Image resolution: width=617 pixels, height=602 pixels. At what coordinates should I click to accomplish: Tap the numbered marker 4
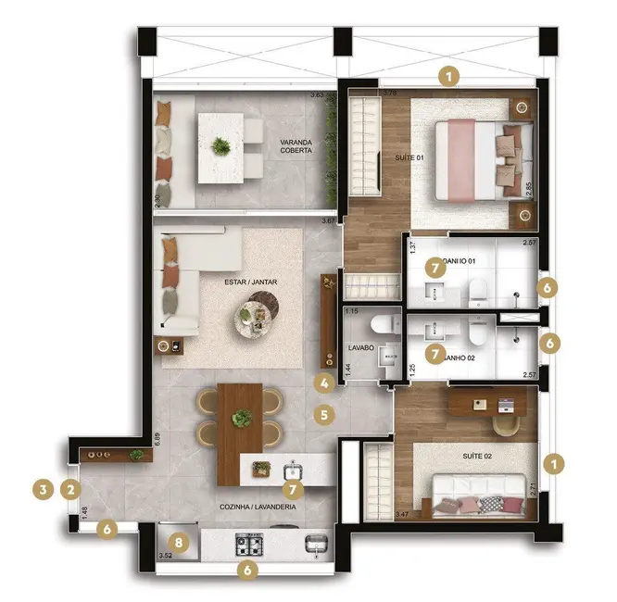(324, 382)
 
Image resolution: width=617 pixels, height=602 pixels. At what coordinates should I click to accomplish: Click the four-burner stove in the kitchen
(251, 543)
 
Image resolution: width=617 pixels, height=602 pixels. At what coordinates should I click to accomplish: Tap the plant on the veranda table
(220, 145)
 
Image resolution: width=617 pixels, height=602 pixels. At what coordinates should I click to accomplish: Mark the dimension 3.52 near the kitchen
(166, 556)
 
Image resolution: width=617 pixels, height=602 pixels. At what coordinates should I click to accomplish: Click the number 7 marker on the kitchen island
(292, 487)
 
